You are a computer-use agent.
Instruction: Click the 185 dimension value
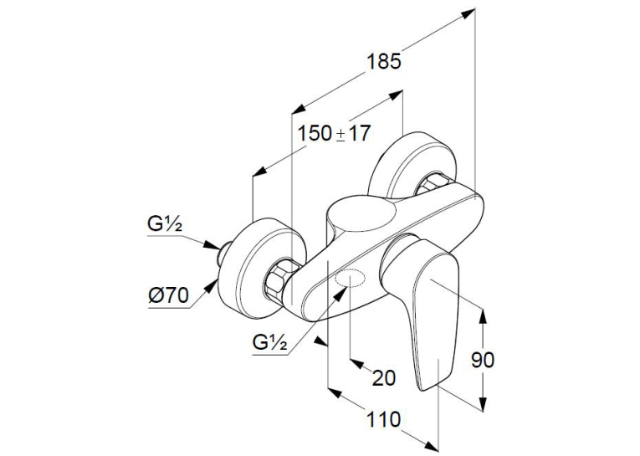384,62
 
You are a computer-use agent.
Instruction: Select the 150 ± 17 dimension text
334,134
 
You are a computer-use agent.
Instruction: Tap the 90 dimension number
483,360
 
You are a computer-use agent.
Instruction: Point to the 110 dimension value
384,419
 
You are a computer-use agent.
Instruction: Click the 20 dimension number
384,377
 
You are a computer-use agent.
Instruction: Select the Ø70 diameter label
168,295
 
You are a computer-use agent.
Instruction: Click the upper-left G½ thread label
165,224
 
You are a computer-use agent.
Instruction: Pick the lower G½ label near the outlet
269,343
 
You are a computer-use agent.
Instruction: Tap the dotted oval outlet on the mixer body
350,279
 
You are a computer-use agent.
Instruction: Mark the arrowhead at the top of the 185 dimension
468,14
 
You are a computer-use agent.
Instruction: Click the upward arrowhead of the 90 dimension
483,315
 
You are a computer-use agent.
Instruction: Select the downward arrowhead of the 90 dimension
483,403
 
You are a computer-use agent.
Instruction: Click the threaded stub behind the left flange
223,253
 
